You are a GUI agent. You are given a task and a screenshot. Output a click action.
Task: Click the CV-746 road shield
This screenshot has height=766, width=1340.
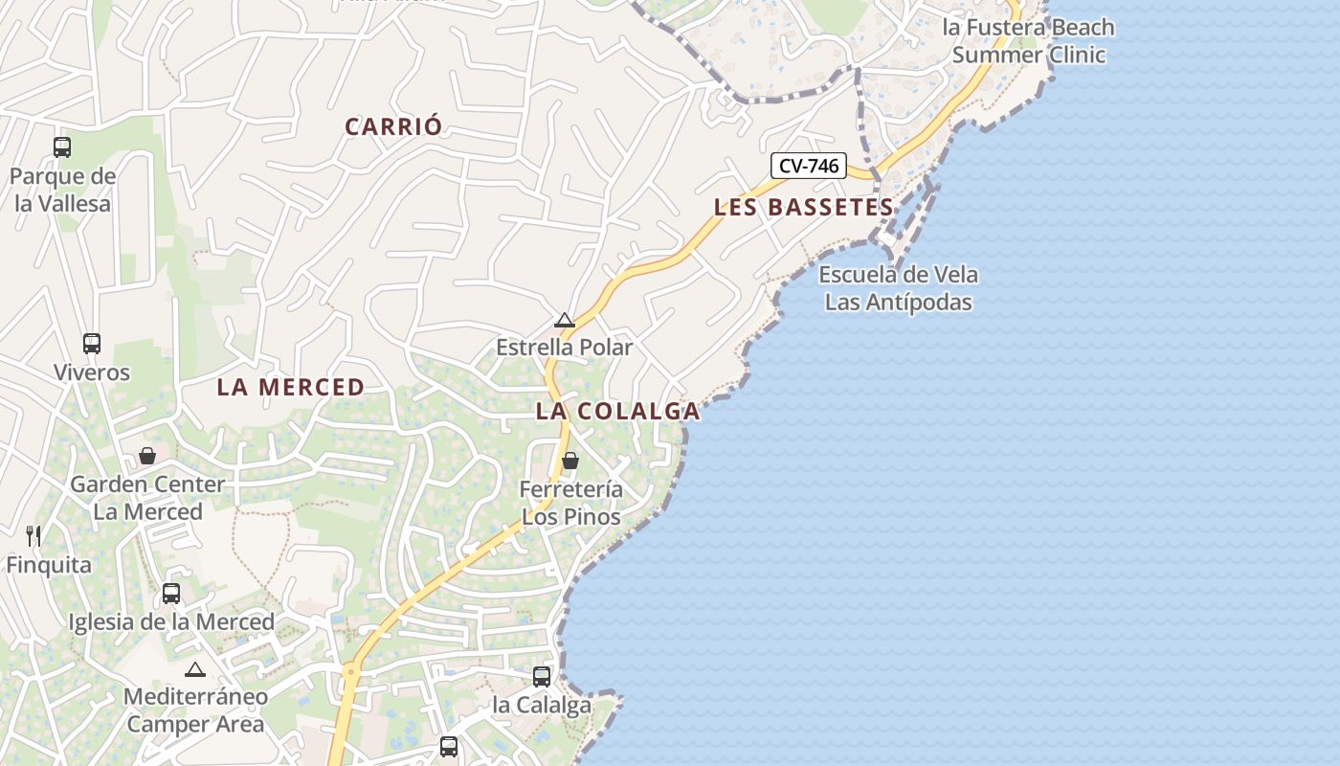pyautogui.click(x=809, y=166)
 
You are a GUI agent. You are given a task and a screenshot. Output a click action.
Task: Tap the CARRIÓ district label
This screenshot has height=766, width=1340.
pyautogui.click(x=393, y=126)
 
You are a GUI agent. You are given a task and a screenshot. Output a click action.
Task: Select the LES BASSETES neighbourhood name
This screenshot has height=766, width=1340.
pyautogui.click(x=804, y=207)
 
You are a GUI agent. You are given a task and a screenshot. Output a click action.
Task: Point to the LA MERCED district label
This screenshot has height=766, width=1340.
pyautogui.click(x=290, y=387)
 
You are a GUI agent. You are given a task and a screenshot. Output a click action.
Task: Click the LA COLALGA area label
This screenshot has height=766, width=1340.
pyautogui.click(x=617, y=412)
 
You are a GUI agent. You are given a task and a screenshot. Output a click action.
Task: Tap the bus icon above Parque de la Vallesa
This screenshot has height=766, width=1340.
pyautogui.click(x=62, y=147)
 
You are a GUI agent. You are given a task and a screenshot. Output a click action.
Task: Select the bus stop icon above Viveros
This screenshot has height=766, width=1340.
pyautogui.click(x=92, y=344)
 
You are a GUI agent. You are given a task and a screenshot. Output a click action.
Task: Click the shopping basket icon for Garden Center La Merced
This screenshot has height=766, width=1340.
pyautogui.click(x=147, y=456)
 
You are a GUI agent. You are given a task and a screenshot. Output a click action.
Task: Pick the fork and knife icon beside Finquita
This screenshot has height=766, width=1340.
pyautogui.click(x=33, y=536)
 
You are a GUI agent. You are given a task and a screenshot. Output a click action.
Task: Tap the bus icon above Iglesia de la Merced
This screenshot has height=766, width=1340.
pyautogui.click(x=171, y=594)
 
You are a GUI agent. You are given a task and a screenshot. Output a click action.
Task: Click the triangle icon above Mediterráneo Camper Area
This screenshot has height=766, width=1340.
pyautogui.click(x=195, y=669)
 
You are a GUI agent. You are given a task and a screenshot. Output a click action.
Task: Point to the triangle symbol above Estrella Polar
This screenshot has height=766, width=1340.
pyautogui.click(x=565, y=320)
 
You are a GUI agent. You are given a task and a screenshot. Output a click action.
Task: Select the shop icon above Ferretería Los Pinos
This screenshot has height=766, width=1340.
pyautogui.click(x=570, y=462)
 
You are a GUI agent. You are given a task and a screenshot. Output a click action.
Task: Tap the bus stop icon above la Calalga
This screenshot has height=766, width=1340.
pyautogui.click(x=542, y=677)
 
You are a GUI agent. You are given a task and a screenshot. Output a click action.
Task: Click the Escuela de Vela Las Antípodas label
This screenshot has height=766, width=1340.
pyautogui.click(x=898, y=289)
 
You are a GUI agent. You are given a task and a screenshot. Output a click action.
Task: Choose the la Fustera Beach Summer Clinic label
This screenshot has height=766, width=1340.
pyautogui.click(x=1029, y=41)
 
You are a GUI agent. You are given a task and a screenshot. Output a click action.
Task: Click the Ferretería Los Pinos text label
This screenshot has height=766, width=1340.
pyautogui.click(x=570, y=504)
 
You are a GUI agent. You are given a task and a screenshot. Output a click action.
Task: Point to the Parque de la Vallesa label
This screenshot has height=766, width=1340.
pyautogui.click(x=62, y=190)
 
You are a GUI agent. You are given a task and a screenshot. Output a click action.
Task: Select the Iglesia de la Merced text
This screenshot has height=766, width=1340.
pyautogui.click(x=171, y=622)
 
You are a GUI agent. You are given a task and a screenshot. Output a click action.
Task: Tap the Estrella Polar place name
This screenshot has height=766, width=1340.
pyautogui.click(x=564, y=348)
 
